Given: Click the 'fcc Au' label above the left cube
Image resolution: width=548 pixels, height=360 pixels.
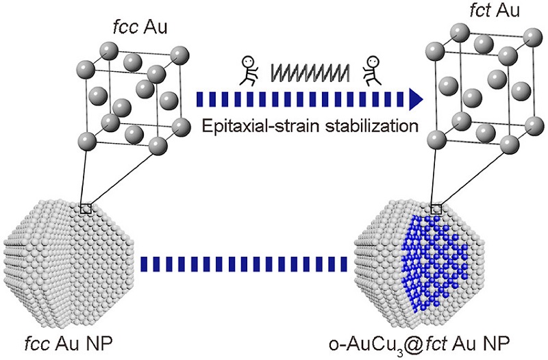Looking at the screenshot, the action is click(140, 27).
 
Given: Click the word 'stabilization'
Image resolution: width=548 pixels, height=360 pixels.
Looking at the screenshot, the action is click(371, 125).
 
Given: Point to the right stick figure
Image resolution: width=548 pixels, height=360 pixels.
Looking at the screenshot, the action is click(371, 71).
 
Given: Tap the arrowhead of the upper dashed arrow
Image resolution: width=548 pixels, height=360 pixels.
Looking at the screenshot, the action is click(416, 99).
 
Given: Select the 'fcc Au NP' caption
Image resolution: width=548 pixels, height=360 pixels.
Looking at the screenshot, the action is click(68, 344).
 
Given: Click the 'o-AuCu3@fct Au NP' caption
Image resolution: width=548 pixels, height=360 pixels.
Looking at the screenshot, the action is click(419, 344).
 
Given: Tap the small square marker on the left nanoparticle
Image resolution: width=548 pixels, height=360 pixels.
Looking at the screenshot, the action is click(86, 209).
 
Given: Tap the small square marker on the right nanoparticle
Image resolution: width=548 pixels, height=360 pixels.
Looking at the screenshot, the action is click(436, 209).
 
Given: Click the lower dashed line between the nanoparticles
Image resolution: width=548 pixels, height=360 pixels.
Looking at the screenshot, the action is click(244, 264).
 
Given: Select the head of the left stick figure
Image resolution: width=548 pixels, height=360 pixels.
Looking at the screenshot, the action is click(247, 62).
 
